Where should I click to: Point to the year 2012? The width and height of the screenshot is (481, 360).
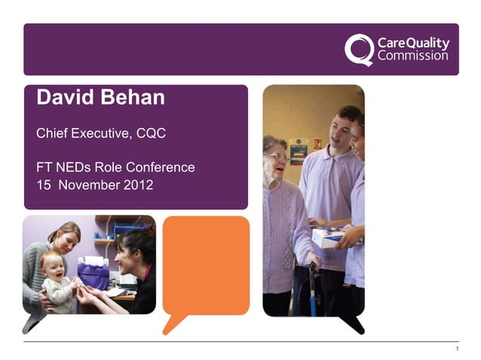click(x=140, y=184)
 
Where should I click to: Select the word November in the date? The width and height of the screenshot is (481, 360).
click(x=89, y=184)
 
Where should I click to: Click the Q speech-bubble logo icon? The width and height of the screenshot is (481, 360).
click(x=359, y=50)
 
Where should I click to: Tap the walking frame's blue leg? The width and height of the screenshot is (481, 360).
click(x=311, y=290)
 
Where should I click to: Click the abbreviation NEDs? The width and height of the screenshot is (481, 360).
click(x=72, y=167)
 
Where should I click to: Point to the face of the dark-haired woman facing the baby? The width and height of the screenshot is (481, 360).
click(x=125, y=254)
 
